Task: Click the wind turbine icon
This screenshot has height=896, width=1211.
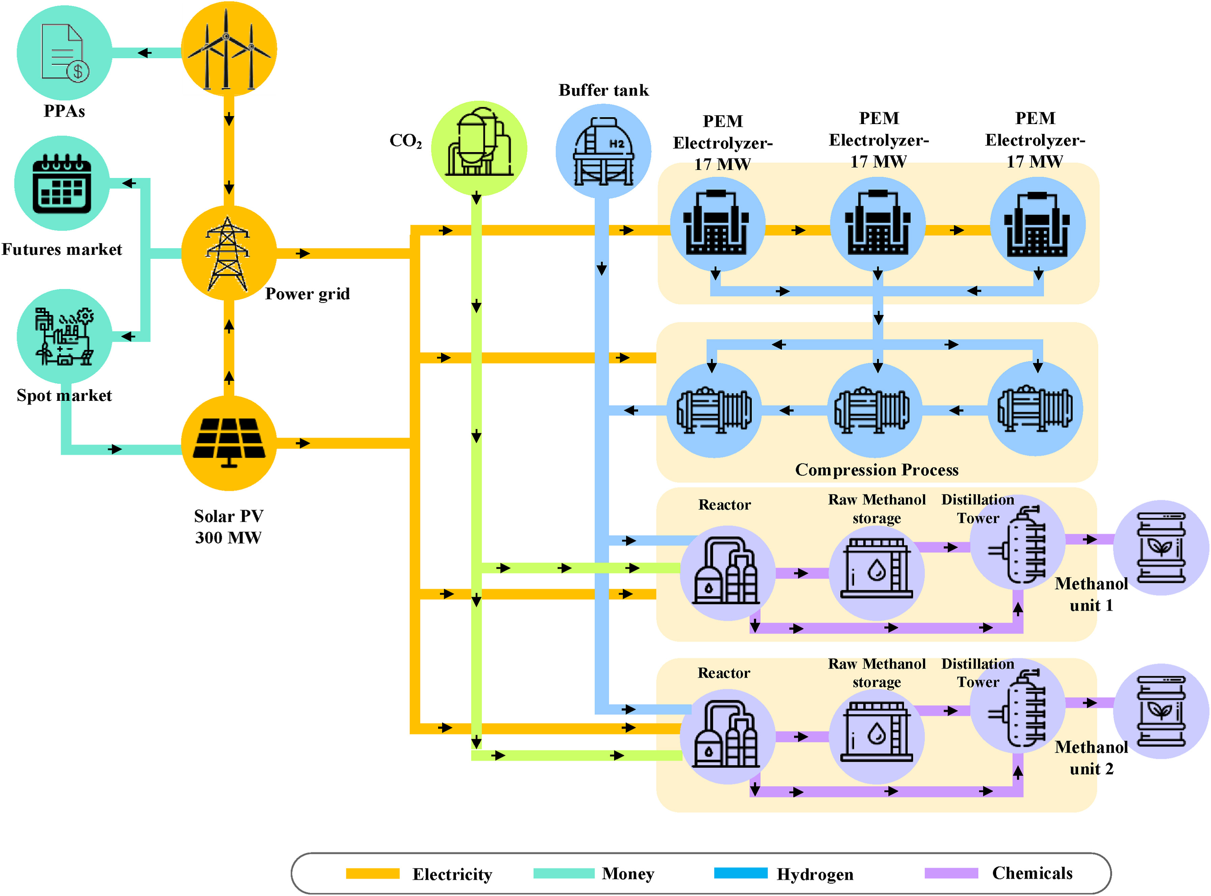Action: coord(228,50)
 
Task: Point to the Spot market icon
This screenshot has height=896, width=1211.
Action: coord(64,336)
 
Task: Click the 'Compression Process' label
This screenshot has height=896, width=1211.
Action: coord(876,470)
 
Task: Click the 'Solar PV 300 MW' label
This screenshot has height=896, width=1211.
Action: coord(228,527)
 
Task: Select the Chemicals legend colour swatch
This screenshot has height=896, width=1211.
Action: coord(951,873)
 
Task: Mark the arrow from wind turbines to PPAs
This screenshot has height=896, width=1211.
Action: coord(144,53)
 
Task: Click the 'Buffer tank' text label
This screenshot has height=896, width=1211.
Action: coord(603,90)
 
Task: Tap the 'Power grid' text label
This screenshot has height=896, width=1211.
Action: coord(307,294)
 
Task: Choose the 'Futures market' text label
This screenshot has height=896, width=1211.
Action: coord(62,249)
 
